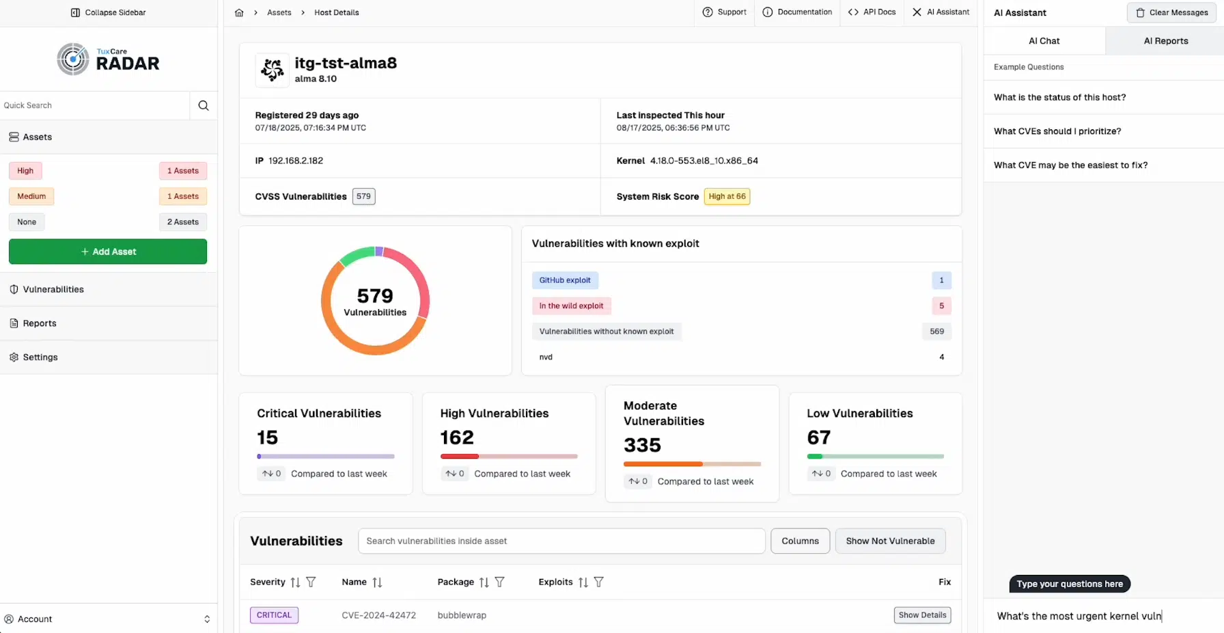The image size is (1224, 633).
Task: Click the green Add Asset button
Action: (x=108, y=252)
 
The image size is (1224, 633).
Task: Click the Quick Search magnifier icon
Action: (x=204, y=105)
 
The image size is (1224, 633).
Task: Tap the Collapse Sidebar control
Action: (x=109, y=12)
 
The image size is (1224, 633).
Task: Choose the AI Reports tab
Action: (x=1165, y=41)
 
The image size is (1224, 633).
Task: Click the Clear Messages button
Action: (x=1171, y=12)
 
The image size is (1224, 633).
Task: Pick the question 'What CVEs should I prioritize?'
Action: (x=1057, y=131)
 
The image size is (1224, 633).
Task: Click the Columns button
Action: (x=800, y=541)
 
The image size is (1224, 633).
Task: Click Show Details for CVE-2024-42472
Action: (x=922, y=615)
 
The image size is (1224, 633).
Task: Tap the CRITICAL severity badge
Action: (x=274, y=615)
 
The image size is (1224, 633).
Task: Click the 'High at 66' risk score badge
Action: (x=727, y=196)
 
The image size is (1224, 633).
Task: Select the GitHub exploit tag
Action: (x=565, y=280)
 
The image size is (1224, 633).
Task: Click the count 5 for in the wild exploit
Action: (x=941, y=306)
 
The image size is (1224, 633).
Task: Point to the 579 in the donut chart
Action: (x=375, y=296)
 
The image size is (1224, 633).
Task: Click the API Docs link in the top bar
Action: (x=872, y=12)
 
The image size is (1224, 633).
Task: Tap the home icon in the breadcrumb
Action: (x=239, y=12)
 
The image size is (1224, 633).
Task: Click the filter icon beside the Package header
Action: (x=500, y=582)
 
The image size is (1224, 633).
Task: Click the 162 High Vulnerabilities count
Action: (x=457, y=437)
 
